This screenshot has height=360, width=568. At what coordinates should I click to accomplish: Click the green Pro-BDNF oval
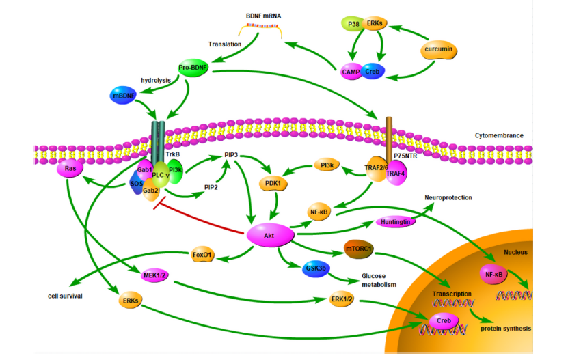[193, 68]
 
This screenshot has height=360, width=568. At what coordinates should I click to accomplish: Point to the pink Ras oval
[70, 168]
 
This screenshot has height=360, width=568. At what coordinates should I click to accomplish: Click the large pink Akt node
[267, 236]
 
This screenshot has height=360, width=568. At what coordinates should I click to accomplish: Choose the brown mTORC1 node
[358, 249]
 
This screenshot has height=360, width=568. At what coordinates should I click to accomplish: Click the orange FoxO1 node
[203, 256]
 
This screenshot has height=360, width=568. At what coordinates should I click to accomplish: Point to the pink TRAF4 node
[395, 174]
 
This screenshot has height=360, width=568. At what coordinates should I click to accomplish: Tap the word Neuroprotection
[448, 197]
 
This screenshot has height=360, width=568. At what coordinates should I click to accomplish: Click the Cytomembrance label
[499, 135]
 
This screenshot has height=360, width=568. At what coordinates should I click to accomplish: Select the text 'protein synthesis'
[504, 329]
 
